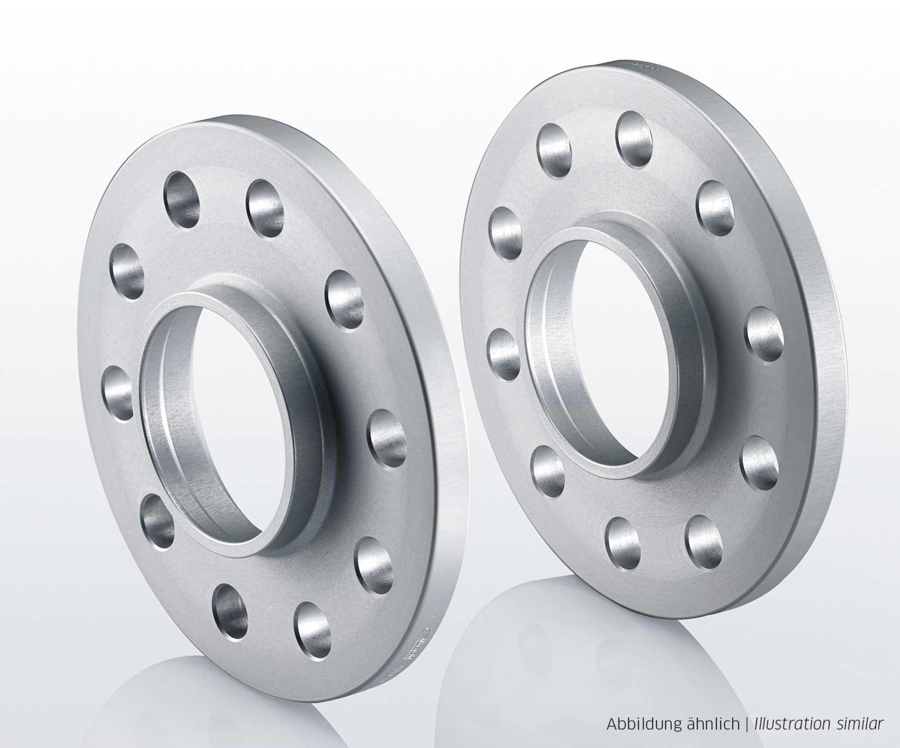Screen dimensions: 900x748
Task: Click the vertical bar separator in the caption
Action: click(747, 723)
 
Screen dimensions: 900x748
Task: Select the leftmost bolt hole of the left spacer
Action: click(118, 393)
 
